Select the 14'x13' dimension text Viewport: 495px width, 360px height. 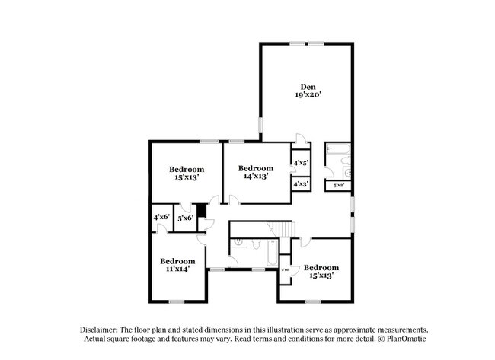point(255,177)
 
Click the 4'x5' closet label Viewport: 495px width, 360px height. point(300,162)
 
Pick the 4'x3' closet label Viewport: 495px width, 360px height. point(300,183)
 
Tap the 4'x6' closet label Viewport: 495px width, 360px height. point(161,218)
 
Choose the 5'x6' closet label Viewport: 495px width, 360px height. point(185,218)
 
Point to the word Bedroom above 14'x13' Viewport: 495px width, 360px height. point(255,168)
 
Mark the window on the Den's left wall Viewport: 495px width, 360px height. point(260,124)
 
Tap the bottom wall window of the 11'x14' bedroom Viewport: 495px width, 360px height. point(177,302)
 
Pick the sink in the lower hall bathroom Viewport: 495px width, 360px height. point(238,244)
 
